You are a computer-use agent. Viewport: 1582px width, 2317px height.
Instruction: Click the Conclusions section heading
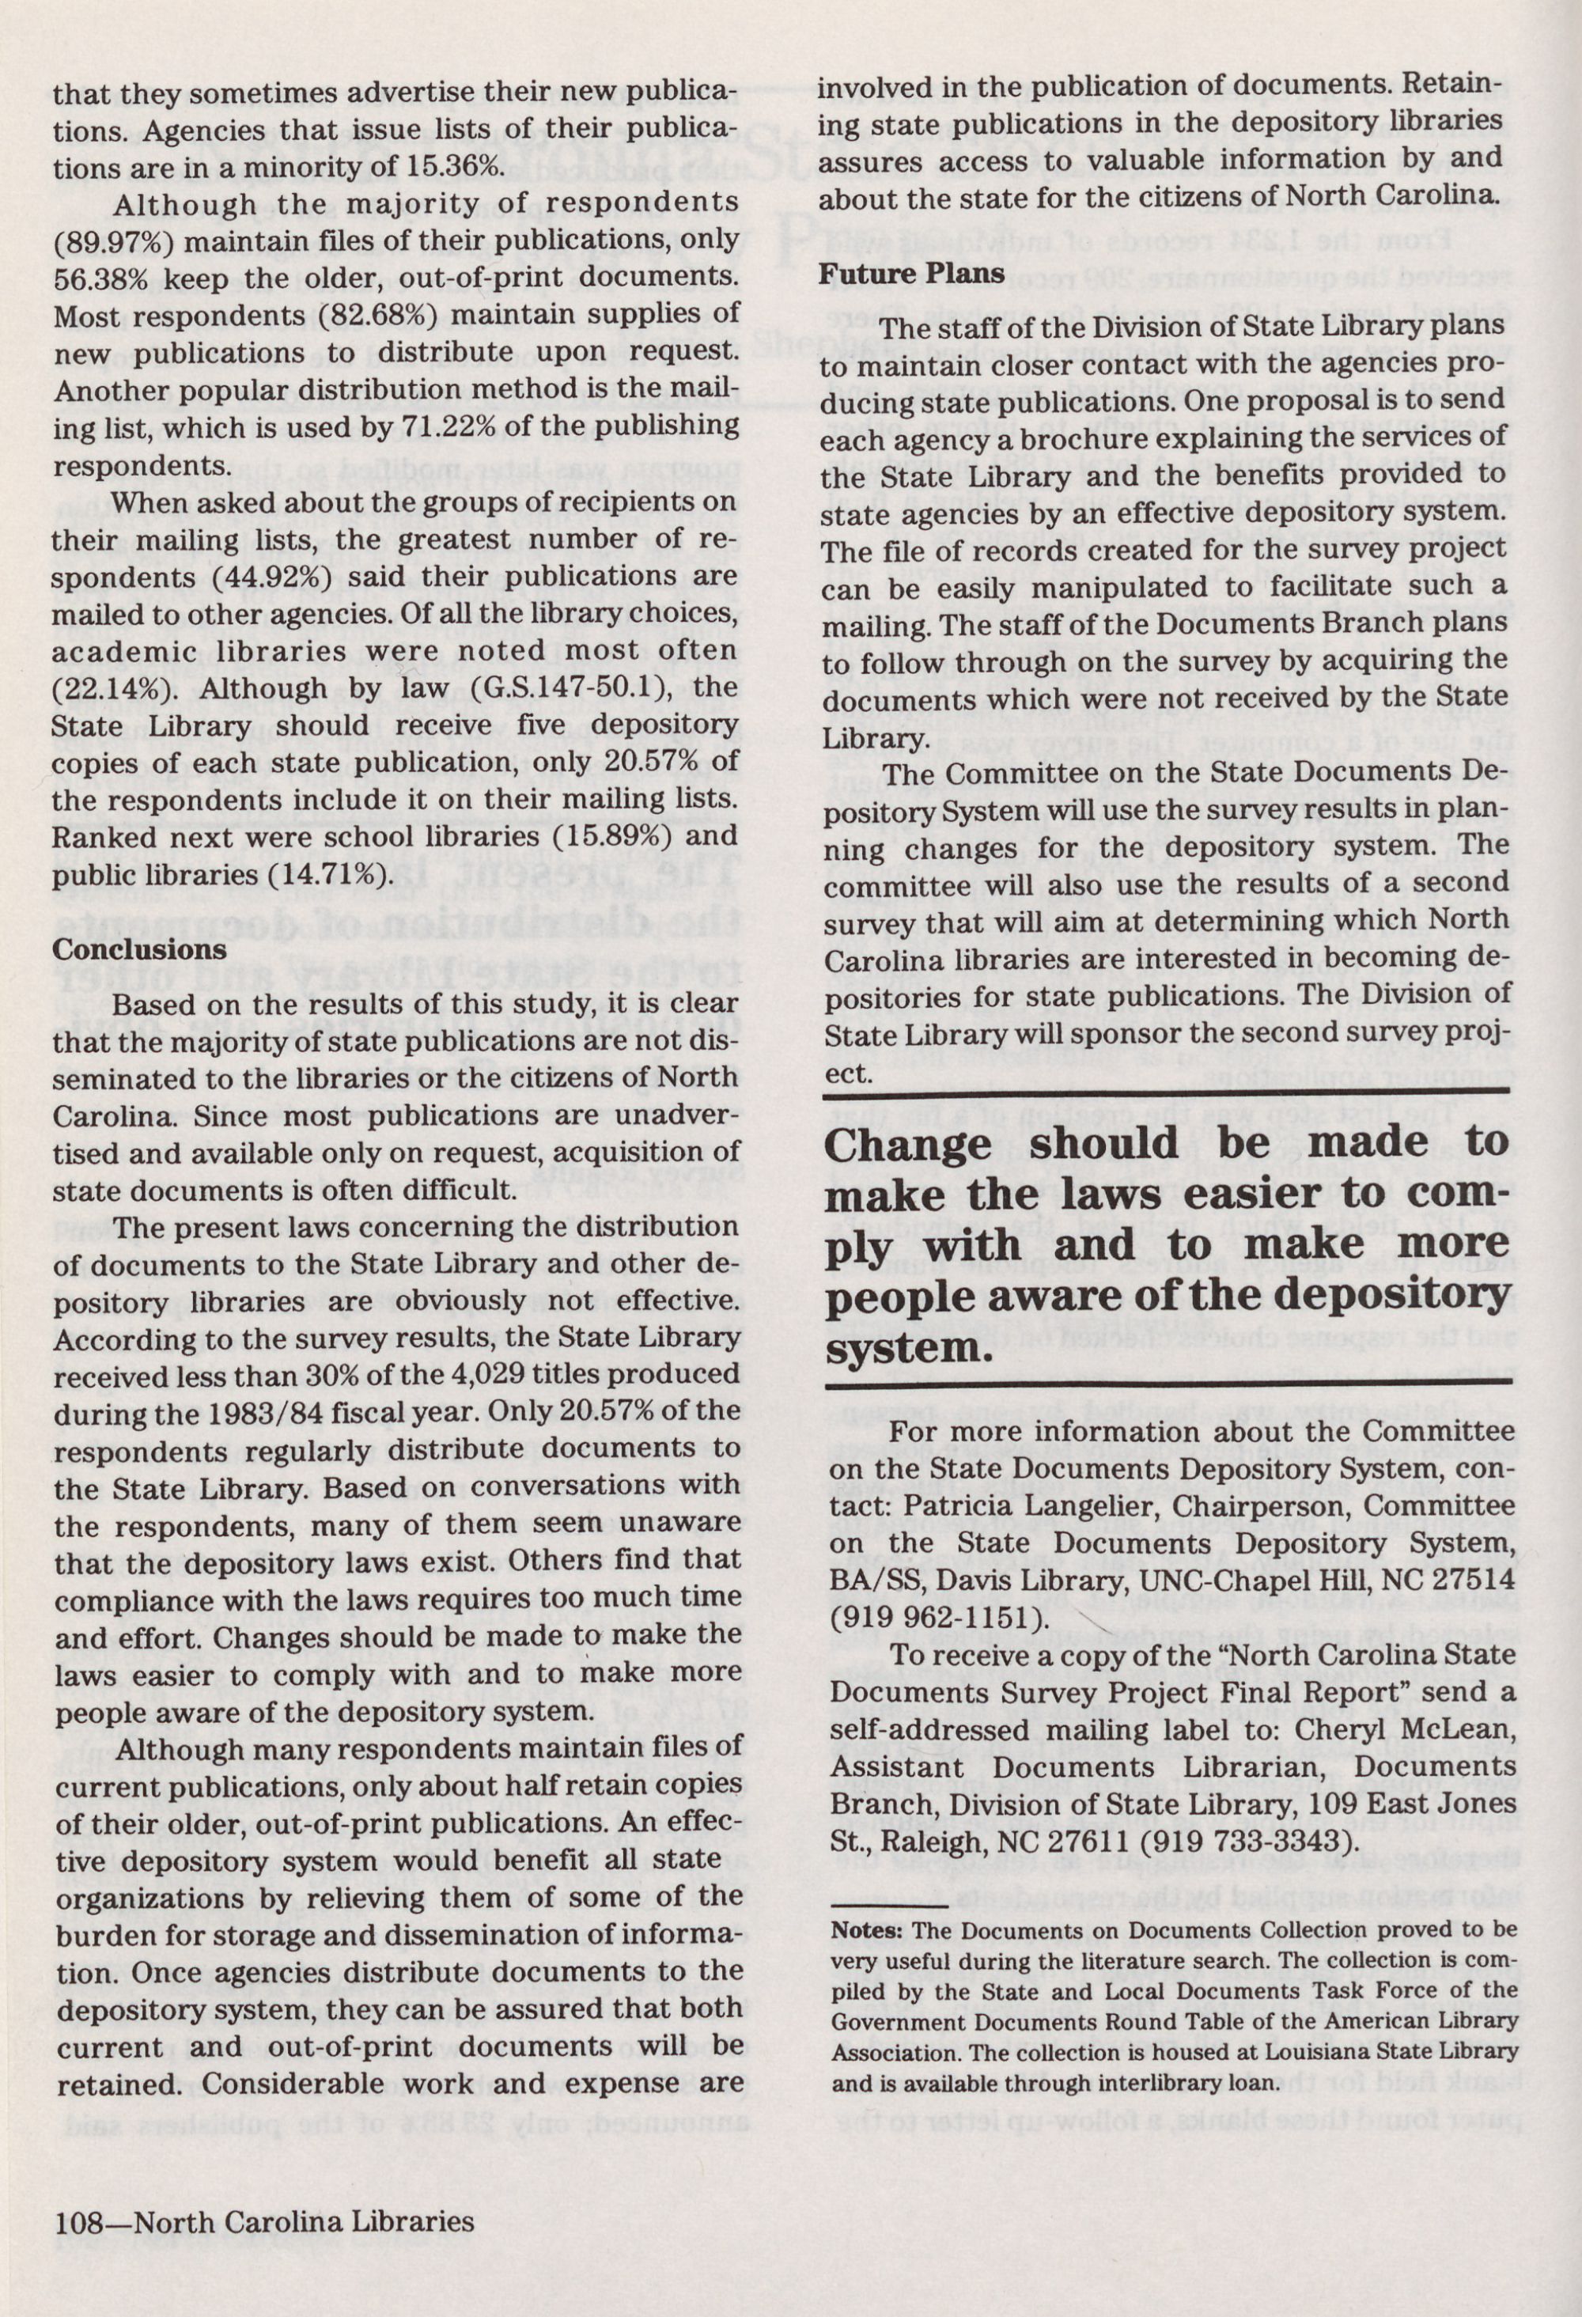pyautogui.click(x=138, y=950)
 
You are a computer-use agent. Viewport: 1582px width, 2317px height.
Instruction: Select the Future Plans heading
pyautogui.click(x=911, y=275)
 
